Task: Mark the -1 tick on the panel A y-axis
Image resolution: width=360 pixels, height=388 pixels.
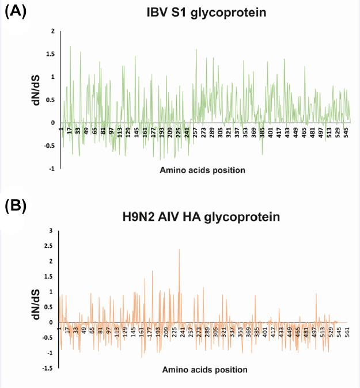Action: (51, 169)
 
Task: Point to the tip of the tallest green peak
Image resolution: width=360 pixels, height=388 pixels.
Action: (70, 46)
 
